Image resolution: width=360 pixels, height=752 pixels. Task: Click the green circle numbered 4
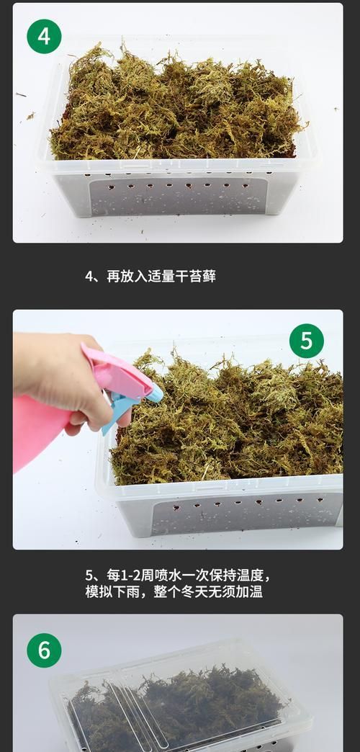(44, 37)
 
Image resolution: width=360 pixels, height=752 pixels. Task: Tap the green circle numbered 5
(306, 341)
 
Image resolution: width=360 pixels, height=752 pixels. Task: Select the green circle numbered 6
(44, 650)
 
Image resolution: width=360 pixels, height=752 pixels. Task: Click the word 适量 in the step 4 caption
(161, 277)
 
